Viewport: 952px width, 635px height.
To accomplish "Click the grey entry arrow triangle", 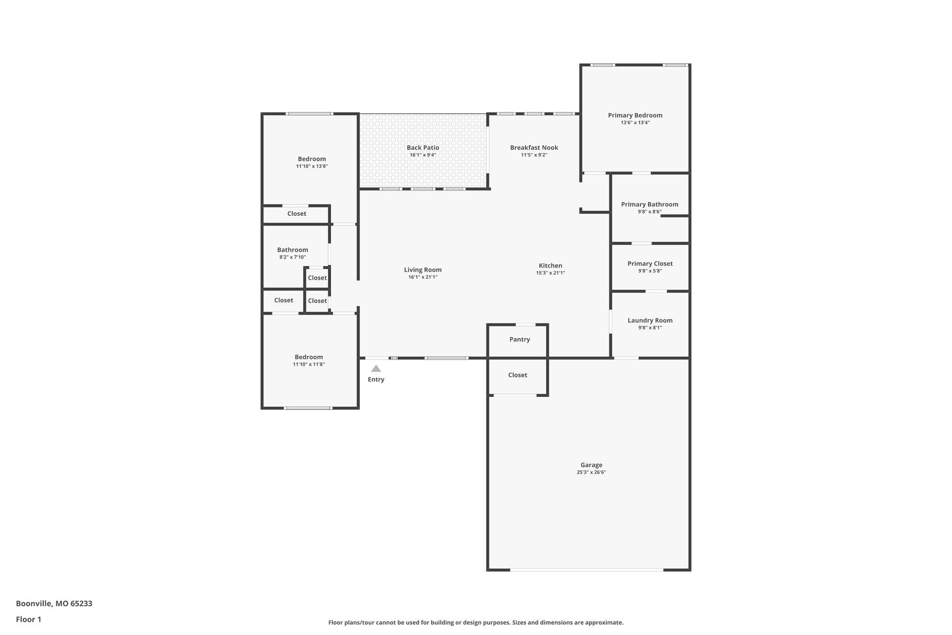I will pyautogui.click(x=376, y=369).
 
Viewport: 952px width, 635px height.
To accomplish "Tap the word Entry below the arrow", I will pyautogui.click(x=376, y=380).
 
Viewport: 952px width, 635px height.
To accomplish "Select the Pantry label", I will pyautogui.click(x=519, y=340).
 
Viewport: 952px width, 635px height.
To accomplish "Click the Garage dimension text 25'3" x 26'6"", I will pyautogui.click(x=591, y=472).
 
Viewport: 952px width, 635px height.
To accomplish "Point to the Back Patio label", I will pyautogui.click(x=423, y=147).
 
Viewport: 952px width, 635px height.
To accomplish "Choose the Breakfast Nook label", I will pyautogui.click(x=534, y=147).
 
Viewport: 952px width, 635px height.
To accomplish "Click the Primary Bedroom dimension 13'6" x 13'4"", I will pyautogui.click(x=635, y=123).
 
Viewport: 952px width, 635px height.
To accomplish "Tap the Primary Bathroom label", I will pyautogui.click(x=649, y=204).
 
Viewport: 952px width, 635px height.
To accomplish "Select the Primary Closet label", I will pyautogui.click(x=650, y=263).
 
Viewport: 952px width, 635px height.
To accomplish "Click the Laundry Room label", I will pyautogui.click(x=650, y=320).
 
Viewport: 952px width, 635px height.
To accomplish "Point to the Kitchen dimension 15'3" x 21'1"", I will pyautogui.click(x=550, y=273).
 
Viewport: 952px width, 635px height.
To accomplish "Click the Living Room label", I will pyautogui.click(x=423, y=270).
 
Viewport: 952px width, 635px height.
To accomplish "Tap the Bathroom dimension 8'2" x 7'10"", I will pyautogui.click(x=292, y=257).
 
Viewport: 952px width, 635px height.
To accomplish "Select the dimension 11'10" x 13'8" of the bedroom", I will pyautogui.click(x=312, y=166).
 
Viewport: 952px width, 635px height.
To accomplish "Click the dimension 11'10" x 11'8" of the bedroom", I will pyautogui.click(x=309, y=365).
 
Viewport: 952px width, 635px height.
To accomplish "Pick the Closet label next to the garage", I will pyautogui.click(x=517, y=375).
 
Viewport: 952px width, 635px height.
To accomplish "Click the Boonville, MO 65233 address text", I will pyautogui.click(x=54, y=603).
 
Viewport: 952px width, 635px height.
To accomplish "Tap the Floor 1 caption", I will pyautogui.click(x=28, y=619).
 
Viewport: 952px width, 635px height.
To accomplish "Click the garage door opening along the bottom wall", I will pyautogui.click(x=587, y=569).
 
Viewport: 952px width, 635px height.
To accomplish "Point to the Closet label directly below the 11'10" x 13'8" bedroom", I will pyautogui.click(x=297, y=214).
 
